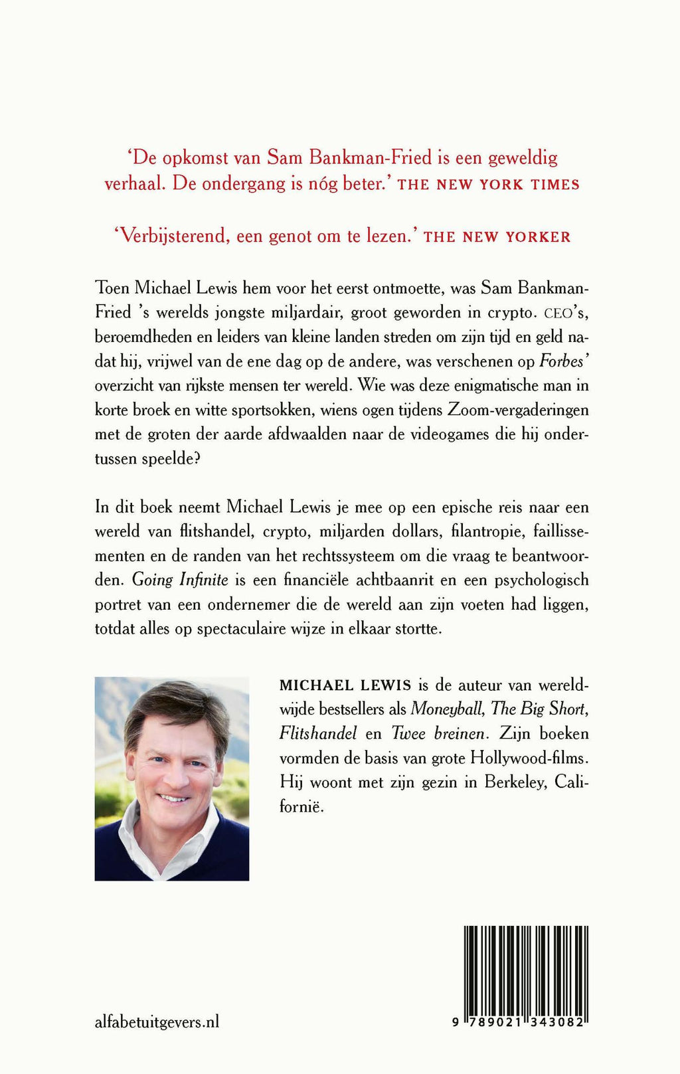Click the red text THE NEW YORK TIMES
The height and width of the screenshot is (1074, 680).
488,185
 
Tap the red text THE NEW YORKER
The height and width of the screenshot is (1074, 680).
497,237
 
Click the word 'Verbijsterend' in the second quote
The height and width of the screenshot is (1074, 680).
171,236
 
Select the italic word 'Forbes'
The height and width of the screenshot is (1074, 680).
561,361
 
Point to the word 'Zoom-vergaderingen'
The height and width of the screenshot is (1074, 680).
519,410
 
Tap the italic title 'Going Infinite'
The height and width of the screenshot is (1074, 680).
180,580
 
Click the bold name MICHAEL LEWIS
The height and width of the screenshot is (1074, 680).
345,685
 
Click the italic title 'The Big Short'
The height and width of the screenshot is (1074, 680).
539,709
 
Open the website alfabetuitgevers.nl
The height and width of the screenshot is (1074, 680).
157,1022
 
